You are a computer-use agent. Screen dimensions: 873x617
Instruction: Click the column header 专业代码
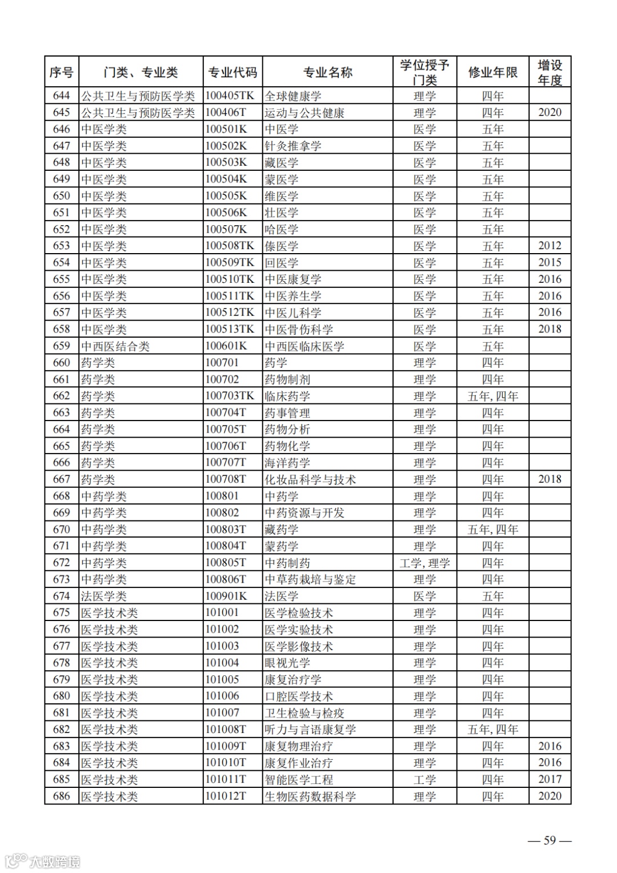[x=233, y=73]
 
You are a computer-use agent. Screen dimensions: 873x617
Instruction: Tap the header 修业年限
[x=492, y=73]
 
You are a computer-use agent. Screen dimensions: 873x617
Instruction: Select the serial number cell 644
[x=61, y=96]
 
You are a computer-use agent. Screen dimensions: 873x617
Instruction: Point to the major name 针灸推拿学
[x=293, y=146]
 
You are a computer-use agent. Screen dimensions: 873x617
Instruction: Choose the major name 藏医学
[x=281, y=163]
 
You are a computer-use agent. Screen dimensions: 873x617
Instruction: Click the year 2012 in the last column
[x=550, y=246]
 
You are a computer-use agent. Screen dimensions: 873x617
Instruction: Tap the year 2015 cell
[x=550, y=263]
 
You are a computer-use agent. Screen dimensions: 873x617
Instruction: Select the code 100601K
[x=226, y=346]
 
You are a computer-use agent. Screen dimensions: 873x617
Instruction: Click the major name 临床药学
[x=287, y=396]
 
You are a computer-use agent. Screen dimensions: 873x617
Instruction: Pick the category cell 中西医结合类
[x=115, y=346]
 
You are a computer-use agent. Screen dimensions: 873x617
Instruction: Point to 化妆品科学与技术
[x=310, y=479]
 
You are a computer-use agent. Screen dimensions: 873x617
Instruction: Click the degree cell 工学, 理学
[x=424, y=563]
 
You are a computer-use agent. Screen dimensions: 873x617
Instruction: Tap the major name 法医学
[x=281, y=596]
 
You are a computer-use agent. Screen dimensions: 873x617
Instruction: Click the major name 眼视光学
[x=287, y=663]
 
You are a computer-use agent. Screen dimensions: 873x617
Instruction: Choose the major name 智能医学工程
[x=298, y=779]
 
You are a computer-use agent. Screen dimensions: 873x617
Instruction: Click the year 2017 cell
[x=550, y=779]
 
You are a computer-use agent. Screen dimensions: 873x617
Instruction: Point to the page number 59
[x=549, y=840]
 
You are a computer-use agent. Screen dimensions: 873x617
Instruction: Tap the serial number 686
[x=61, y=796]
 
